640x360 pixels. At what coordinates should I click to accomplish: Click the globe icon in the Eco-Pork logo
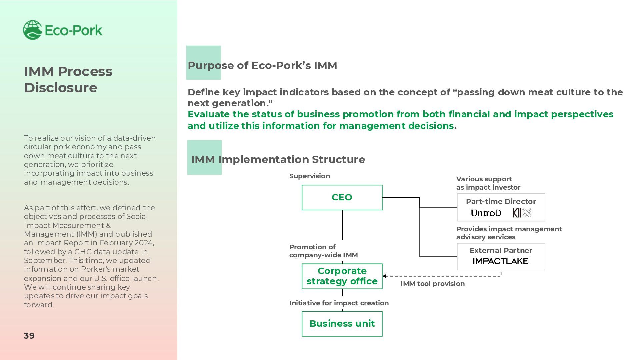coord(32,30)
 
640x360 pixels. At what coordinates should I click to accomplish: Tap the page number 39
coord(29,336)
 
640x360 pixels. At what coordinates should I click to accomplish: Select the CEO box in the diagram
coord(342,197)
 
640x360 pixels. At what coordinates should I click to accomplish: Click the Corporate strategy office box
coord(342,276)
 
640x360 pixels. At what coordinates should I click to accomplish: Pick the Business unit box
coord(342,324)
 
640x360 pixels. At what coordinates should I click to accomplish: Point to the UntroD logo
coord(486,213)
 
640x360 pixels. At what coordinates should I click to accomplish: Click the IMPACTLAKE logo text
coord(501,261)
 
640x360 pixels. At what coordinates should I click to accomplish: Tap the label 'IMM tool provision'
coord(432,284)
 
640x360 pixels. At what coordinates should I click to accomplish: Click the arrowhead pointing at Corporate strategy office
coord(385,276)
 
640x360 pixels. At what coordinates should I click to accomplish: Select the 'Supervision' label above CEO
coord(310,176)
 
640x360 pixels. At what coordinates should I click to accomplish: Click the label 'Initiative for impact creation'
coord(339,303)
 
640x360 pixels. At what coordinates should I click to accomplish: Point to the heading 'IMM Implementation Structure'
coord(278,159)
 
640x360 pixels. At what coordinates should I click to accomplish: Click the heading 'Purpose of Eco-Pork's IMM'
coord(262,65)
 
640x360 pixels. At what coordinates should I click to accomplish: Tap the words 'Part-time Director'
coord(501,201)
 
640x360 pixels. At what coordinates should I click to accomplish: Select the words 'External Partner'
coord(501,250)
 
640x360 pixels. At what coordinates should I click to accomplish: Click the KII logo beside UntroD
coord(522,213)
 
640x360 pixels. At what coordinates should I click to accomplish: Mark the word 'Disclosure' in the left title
coord(61,88)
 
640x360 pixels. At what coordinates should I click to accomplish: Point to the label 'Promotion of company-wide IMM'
coord(323,251)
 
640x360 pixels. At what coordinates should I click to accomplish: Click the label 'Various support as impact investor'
coord(488,183)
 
